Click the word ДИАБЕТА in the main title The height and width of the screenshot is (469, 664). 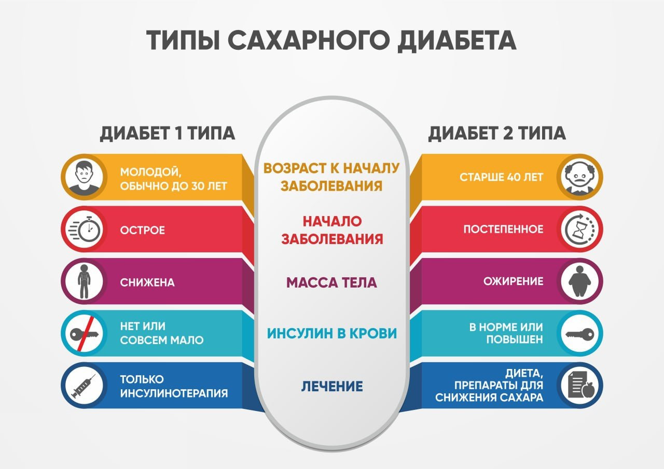pos(457,41)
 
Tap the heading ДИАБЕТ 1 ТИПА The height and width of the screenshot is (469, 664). pos(168,133)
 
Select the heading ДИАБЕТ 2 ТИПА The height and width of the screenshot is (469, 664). pos(497,133)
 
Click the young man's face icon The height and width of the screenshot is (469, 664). pos(84,177)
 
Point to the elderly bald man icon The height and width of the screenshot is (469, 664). pos(580,177)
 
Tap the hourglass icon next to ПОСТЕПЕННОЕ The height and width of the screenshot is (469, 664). pos(580,229)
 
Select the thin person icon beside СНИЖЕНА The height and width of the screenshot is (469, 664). pos(84,281)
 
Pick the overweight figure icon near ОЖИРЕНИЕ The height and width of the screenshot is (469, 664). pos(580,281)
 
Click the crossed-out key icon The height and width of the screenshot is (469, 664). pos(84,334)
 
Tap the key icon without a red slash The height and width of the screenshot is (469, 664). pos(580,334)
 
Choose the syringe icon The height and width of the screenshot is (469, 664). pos(84,386)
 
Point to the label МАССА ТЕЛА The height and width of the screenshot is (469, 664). pos(331,283)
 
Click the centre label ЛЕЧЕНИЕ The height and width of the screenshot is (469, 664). pos(332,387)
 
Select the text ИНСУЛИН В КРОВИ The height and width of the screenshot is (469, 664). pos(331,333)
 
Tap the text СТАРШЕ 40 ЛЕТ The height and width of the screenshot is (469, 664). pos(502,177)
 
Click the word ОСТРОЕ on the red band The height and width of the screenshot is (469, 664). pos(142,231)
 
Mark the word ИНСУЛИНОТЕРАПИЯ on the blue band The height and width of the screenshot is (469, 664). pos(174,393)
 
